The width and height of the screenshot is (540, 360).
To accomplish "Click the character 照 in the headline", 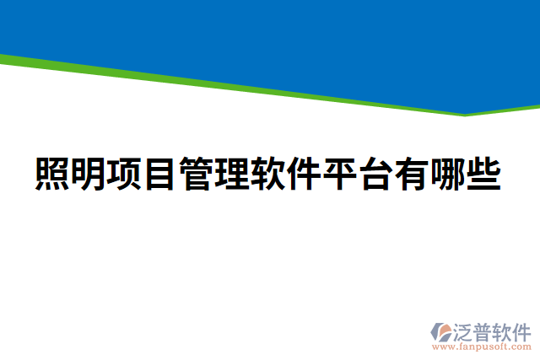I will click(54, 174).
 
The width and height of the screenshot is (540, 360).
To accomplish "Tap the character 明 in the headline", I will click(89, 174).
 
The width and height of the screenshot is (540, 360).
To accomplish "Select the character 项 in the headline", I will click(126, 174).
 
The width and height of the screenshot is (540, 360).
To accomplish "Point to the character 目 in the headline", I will click(161, 174).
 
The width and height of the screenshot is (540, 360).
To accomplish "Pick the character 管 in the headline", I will click(197, 174).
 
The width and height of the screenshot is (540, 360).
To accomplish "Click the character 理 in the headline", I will click(234, 174).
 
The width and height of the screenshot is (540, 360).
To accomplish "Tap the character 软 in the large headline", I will click(269, 174).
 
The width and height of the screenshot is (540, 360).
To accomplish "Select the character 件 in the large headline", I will click(305, 174).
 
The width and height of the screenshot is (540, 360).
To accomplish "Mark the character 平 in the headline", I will click(342, 174).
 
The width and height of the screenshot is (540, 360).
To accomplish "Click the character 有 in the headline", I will click(413, 174).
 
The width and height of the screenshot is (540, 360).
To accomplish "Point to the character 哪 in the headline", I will click(450, 174).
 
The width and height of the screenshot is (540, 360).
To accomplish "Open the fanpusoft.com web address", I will click(483, 347).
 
